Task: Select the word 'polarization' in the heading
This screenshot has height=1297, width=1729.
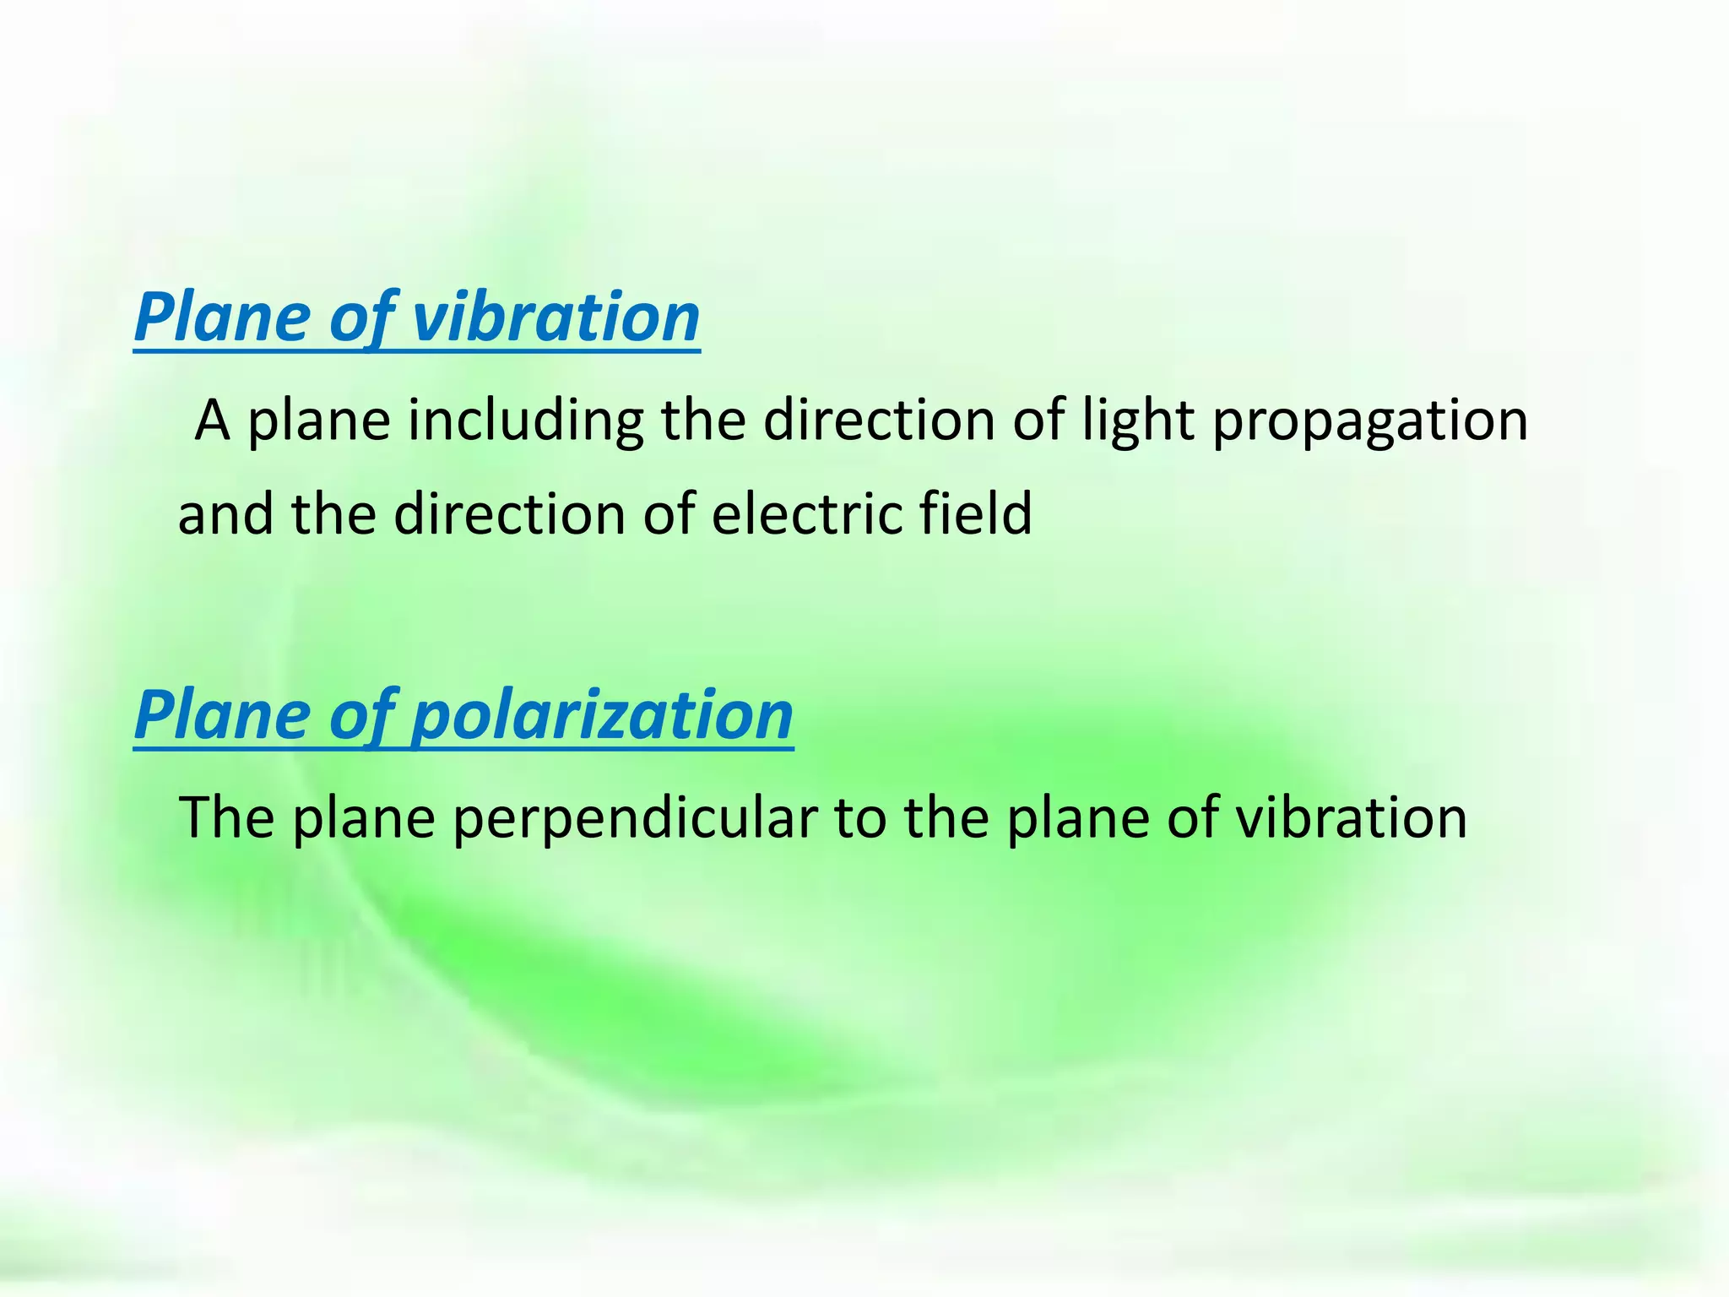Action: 601,715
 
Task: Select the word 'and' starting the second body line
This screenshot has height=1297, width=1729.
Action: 225,513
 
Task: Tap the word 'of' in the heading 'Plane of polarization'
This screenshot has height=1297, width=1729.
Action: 361,715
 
